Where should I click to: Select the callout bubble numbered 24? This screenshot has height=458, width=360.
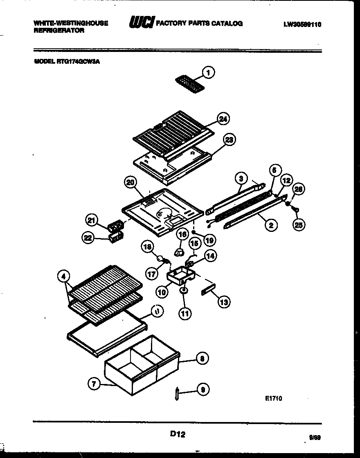[223, 119]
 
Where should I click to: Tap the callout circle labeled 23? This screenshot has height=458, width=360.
[229, 140]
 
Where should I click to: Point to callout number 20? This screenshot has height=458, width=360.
[131, 183]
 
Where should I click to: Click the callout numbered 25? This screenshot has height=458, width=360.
[299, 224]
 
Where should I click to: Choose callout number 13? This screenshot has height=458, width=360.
[224, 302]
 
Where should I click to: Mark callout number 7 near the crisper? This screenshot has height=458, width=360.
[94, 384]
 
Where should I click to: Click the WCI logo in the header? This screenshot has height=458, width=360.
[140, 23]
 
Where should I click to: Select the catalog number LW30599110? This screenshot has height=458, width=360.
[302, 25]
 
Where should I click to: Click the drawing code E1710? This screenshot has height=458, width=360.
[273, 398]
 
